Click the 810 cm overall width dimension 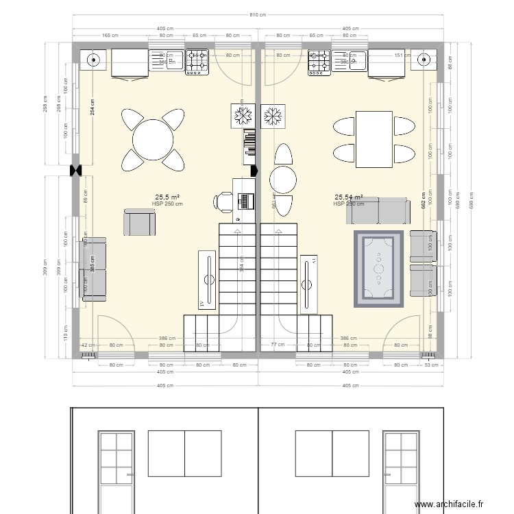pos(257,14)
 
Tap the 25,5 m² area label pos(167,196)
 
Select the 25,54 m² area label pos(348,196)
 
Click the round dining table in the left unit pos(154,140)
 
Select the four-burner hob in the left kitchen pos(198,62)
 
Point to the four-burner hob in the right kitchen pos(319,62)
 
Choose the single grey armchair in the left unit pos(139,223)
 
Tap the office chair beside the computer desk pos(224,201)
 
